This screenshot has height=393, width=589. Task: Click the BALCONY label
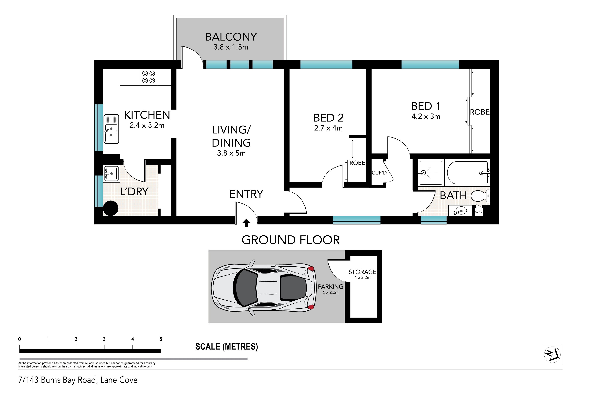(231, 37)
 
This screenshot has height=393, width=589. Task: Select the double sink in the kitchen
(111, 129)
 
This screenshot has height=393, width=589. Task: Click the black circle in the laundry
(111, 208)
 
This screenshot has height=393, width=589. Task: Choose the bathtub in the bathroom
(467, 173)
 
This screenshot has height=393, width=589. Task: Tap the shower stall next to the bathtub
(431, 173)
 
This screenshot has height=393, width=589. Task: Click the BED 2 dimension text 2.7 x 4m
(328, 128)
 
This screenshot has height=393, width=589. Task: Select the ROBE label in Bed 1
(480, 112)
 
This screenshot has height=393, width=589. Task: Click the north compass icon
(552, 355)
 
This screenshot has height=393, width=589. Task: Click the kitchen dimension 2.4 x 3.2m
(147, 125)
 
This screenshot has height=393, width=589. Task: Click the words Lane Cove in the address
(119, 380)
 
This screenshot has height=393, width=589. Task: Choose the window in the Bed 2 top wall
(326, 64)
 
